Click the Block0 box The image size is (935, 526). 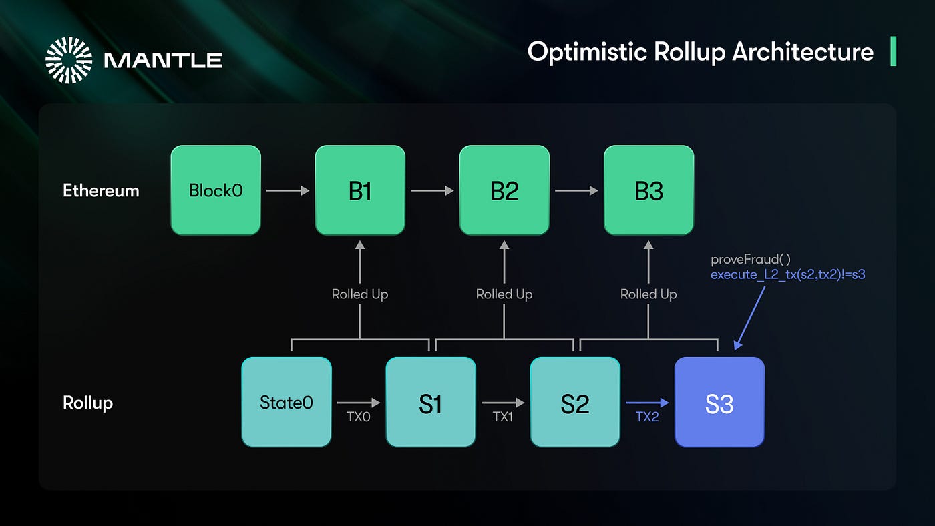(x=216, y=190)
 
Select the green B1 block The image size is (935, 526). (x=360, y=190)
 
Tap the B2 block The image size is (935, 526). (x=504, y=190)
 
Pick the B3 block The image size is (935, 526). (x=648, y=190)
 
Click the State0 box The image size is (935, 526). (x=287, y=403)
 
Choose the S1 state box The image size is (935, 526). (x=431, y=403)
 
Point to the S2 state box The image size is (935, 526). (x=575, y=403)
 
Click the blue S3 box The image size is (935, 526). (x=719, y=403)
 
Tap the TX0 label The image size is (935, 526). (x=359, y=417)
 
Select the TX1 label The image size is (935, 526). (x=503, y=417)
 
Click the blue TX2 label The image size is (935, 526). (x=647, y=417)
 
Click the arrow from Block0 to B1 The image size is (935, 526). (x=288, y=191)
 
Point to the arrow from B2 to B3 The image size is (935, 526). (x=576, y=191)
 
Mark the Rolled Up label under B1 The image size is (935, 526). (x=360, y=294)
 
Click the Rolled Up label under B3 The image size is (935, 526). (x=648, y=294)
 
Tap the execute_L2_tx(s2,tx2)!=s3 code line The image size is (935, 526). (x=787, y=274)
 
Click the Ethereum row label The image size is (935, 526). (x=101, y=191)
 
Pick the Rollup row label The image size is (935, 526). (x=87, y=403)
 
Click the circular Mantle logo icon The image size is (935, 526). (x=69, y=60)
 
